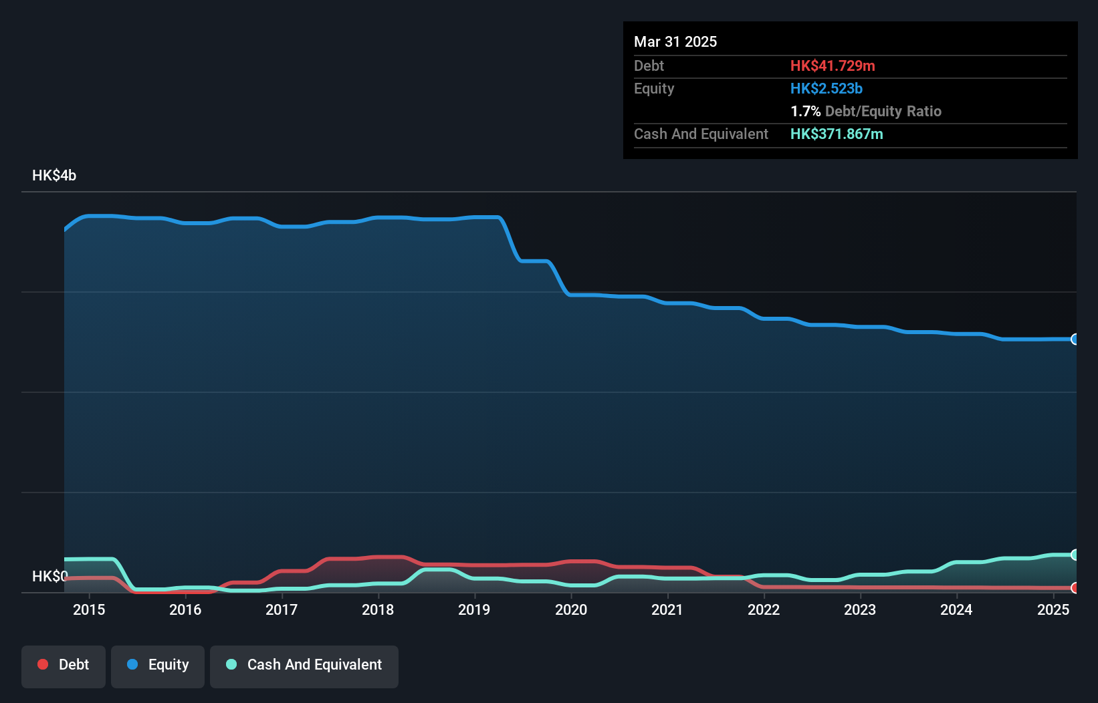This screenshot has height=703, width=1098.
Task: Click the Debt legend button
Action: click(64, 666)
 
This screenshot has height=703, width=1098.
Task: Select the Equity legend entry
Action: click(158, 666)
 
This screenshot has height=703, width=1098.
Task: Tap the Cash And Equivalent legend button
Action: click(304, 666)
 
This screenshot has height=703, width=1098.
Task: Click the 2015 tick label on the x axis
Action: click(89, 609)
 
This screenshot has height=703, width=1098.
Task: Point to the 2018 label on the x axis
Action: click(378, 609)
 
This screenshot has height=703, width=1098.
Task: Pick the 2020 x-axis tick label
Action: click(571, 609)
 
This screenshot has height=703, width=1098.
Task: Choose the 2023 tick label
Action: click(860, 609)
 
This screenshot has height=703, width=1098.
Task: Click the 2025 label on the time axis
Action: click(1053, 609)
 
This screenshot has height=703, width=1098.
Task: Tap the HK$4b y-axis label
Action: click(54, 176)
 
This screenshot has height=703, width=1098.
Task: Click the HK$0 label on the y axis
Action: click(49, 576)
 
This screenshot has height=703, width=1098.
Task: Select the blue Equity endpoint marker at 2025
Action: click(1075, 339)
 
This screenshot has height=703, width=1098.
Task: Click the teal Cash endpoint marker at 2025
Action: click(1075, 555)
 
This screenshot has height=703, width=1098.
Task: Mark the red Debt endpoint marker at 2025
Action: click(1075, 588)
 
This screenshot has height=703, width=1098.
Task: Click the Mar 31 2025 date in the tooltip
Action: click(675, 42)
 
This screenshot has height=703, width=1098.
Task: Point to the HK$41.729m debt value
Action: click(833, 66)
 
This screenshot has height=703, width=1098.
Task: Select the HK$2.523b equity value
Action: click(827, 89)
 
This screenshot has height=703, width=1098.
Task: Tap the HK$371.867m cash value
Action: click(837, 134)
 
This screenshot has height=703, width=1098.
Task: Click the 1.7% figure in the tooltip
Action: click(805, 112)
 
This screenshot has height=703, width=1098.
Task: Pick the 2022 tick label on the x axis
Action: click(764, 609)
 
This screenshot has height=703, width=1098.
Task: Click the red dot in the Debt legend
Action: click(43, 664)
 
